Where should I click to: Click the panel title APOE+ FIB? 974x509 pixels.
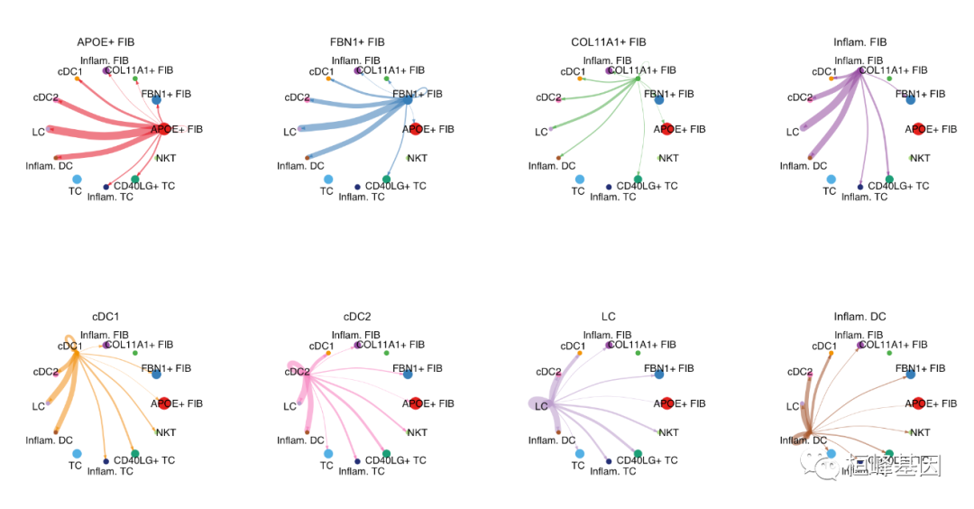point(106,42)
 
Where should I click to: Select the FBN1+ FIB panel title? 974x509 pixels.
point(357,42)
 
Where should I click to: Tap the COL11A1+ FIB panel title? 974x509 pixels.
point(609,42)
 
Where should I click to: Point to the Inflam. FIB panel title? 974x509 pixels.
point(860,42)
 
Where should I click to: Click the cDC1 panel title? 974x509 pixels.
point(106,317)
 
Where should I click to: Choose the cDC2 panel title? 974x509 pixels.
point(357,317)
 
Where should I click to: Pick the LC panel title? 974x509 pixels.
point(609,317)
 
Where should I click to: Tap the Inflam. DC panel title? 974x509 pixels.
point(860,317)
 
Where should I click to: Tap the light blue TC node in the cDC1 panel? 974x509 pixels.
point(76,454)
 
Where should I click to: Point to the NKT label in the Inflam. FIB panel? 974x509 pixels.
point(919,158)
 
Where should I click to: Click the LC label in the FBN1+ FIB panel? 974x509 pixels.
point(289,132)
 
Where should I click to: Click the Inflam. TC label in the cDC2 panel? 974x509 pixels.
point(363,471)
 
